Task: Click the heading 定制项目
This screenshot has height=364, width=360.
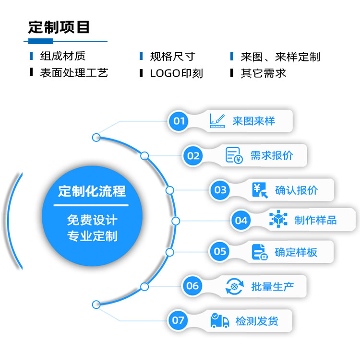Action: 59,27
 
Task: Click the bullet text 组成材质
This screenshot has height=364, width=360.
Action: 62,57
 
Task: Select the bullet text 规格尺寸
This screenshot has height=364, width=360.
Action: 172,57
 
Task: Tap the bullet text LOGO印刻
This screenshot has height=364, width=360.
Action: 176,73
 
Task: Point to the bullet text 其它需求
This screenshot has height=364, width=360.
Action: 263,73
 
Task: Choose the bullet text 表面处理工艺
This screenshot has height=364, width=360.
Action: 74,73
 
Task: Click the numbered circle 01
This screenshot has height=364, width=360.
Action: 179,121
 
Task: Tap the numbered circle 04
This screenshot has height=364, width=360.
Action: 241,220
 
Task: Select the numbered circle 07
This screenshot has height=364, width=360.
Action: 178,320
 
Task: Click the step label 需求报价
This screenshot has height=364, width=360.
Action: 271,155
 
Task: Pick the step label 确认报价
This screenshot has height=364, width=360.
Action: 296,190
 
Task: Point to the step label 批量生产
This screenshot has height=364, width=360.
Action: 272,286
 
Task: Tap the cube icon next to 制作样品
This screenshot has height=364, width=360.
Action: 277,220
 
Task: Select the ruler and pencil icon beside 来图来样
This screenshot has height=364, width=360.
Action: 217,120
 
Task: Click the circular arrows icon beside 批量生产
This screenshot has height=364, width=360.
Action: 234,286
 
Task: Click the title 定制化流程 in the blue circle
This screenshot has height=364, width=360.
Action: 92,192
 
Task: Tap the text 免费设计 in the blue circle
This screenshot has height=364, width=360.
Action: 92,221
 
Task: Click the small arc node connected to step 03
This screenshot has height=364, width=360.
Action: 169,190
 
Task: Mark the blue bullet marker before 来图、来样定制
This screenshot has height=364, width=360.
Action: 232,57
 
